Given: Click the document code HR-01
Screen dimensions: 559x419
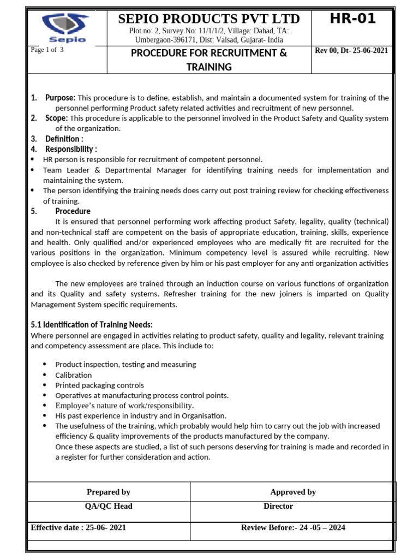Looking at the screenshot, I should (352, 19).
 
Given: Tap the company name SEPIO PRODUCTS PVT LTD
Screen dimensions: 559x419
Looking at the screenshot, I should (209, 20).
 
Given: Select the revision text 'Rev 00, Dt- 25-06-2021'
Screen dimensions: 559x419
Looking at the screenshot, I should (351, 51).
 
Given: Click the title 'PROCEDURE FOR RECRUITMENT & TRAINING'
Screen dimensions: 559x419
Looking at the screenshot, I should (209, 60).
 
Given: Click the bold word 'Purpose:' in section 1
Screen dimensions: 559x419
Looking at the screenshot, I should (60, 98).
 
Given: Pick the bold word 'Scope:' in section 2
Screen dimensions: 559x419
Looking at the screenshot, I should (56, 118).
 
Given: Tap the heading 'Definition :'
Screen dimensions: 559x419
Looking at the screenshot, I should (64, 139).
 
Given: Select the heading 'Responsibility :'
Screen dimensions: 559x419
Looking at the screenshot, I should (71, 149).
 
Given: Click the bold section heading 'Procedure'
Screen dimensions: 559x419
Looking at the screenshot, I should (73, 211).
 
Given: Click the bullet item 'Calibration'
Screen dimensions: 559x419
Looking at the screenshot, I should (73, 375).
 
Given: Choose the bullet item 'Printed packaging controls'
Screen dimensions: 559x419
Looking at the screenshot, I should (99, 385).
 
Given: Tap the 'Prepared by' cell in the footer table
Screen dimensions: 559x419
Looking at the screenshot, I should (109, 492).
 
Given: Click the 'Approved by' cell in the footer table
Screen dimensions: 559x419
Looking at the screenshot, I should (293, 492).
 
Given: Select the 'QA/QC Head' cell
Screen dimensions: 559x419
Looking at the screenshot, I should (109, 506).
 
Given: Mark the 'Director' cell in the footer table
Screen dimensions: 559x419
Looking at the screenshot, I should (278, 506).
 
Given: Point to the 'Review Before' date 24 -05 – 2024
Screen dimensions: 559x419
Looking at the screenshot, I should (314, 527).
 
